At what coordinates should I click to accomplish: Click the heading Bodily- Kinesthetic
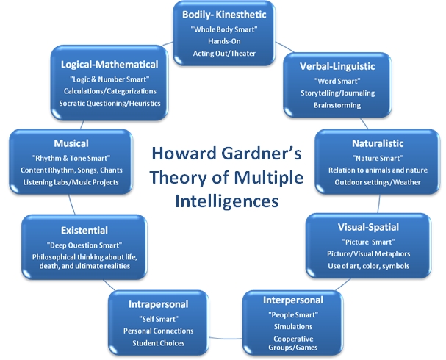point(224,15)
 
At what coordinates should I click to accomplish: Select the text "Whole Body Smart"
point(224,29)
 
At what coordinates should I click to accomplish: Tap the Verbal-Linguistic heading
point(337,67)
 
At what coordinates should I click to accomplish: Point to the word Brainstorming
point(337,105)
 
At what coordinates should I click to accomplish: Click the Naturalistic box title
point(378,143)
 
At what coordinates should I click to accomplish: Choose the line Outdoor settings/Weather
point(378,182)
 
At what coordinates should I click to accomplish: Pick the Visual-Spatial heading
point(368,227)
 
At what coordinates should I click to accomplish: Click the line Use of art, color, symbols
point(369,266)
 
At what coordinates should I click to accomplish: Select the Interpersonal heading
point(293,300)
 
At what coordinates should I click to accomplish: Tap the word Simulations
point(293,327)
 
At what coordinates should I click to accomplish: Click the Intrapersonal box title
point(159,305)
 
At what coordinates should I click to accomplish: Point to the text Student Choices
point(159,343)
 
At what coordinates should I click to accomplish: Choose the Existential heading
point(84,231)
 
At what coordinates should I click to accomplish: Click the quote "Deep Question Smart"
point(84,245)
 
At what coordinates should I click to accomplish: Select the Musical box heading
point(71,143)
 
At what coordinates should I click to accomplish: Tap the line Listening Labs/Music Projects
point(71,182)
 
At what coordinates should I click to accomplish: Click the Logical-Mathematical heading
point(109,65)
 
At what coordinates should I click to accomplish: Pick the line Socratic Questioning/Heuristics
point(109,103)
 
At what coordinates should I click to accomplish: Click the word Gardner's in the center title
point(262,154)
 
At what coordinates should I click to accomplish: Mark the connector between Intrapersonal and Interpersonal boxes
point(226,339)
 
